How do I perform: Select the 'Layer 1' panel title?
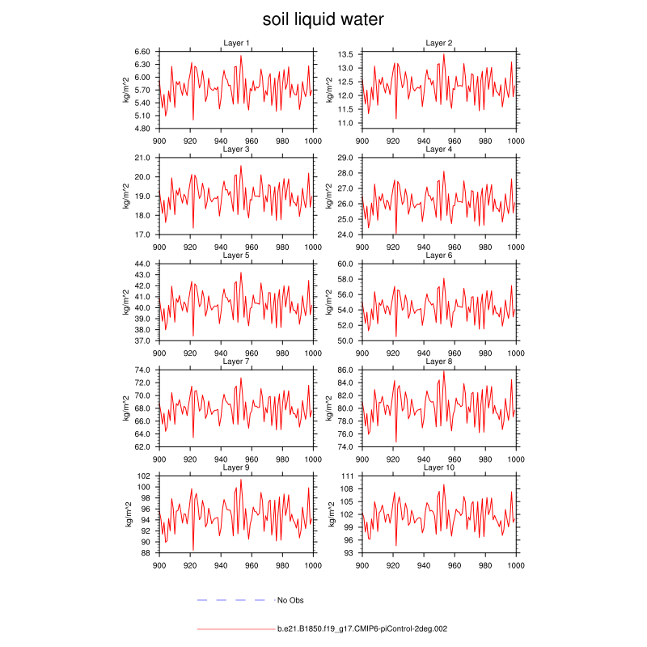tap(236, 43)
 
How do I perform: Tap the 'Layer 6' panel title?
tap(439, 256)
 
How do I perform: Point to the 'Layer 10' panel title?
tap(439, 467)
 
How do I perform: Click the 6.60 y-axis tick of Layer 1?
tap(143, 51)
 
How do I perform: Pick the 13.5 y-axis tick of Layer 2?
tap(346, 54)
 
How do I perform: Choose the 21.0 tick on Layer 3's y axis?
tap(143, 158)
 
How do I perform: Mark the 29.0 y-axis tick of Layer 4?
tap(346, 158)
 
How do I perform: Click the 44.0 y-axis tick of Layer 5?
tap(143, 264)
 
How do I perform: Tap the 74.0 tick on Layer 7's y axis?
tap(143, 370)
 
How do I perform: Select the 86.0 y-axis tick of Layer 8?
tap(346, 370)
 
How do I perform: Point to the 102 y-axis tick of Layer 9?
tap(146, 476)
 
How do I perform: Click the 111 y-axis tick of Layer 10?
tap(349, 476)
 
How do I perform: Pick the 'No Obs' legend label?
tap(290, 600)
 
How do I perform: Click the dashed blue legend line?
tap(231, 600)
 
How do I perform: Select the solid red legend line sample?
tap(235, 628)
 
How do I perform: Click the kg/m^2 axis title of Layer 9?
tap(128, 514)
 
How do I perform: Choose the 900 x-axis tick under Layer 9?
tap(159, 565)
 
